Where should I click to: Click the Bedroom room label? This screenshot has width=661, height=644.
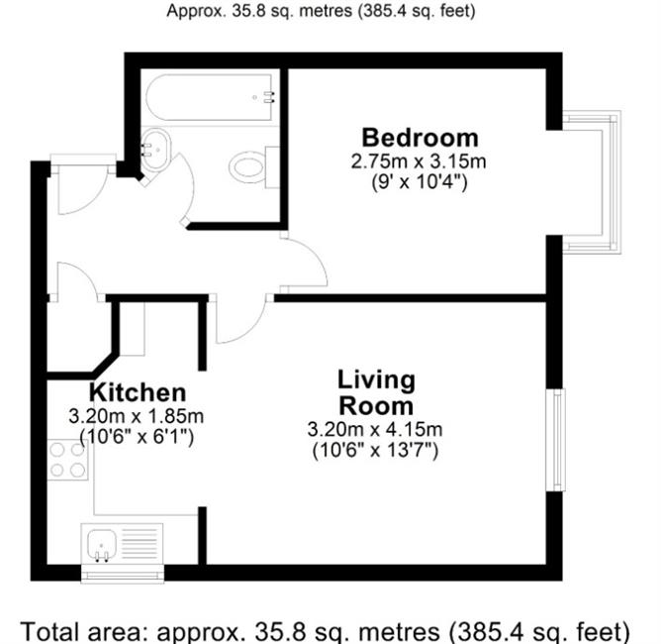[x=421, y=138]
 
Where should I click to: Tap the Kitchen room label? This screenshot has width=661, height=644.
[x=138, y=392]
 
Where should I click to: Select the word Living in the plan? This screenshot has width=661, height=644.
[x=376, y=379]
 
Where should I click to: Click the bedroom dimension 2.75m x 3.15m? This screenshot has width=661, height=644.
[x=419, y=161]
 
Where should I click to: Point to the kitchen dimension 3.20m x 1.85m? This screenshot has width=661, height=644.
[x=137, y=416]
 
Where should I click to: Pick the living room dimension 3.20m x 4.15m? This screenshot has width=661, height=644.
[x=375, y=430]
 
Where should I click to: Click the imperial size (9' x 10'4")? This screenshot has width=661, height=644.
[x=420, y=182]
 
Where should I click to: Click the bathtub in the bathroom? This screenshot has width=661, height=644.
[x=211, y=97]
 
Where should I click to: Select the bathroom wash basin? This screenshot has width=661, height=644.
[x=155, y=150]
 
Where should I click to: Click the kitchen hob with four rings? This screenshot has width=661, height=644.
[x=67, y=460]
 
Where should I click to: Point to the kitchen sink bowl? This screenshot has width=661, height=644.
[x=102, y=543]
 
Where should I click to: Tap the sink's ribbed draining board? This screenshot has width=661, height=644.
[x=140, y=544]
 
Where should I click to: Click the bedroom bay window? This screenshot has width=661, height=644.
[x=592, y=182]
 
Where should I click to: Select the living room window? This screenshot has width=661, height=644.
[x=555, y=440]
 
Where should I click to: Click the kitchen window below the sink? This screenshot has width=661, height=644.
[x=123, y=574]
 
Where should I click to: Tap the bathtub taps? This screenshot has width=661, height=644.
[x=268, y=97]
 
